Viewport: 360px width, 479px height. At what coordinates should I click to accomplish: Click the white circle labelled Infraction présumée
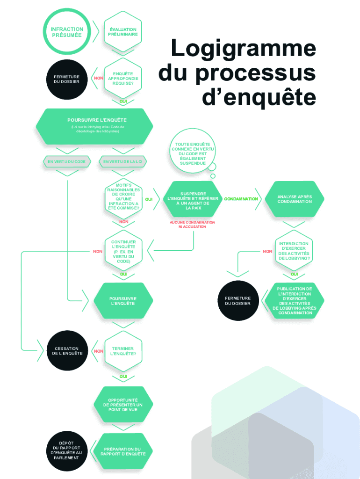[x=66, y=32]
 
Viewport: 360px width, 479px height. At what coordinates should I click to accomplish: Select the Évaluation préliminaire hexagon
[x=123, y=32]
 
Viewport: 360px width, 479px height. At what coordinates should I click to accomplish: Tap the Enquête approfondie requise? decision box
[x=123, y=79]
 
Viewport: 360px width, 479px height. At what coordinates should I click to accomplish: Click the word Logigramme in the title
[x=243, y=50]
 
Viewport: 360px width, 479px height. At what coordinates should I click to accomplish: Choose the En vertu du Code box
[x=67, y=161]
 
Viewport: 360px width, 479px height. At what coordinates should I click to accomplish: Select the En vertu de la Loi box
[x=123, y=161]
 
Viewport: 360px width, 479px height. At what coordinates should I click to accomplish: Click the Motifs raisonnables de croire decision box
[x=123, y=196]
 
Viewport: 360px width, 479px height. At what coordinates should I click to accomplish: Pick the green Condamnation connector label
[x=241, y=199]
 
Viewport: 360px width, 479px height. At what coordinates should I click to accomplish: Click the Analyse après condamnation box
[x=294, y=199]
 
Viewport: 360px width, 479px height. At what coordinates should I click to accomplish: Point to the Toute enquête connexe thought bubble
[x=193, y=153]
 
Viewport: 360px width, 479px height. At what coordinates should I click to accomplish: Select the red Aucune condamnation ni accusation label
[x=192, y=224]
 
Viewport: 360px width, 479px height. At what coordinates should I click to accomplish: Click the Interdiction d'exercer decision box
[x=294, y=251]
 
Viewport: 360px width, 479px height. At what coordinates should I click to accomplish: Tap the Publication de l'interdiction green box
[x=294, y=301]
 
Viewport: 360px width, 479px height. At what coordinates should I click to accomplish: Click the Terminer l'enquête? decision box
[x=123, y=351]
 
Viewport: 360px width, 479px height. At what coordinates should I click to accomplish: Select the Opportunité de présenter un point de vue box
[x=123, y=405]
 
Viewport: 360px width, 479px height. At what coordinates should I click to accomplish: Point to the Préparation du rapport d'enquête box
[x=123, y=451]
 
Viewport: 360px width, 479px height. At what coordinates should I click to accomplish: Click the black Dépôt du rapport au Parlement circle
[x=66, y=450]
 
